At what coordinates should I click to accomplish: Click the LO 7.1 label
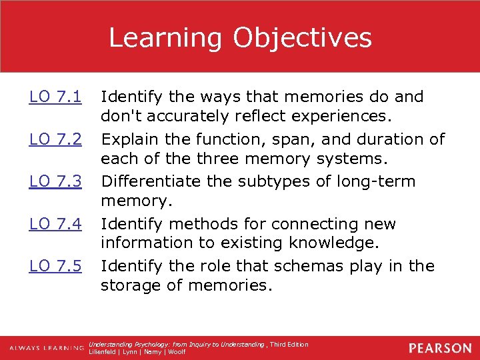click(x=55, y=97)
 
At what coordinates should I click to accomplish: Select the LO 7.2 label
click(x=55, y=140)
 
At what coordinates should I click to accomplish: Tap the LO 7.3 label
click(x=55, y=182)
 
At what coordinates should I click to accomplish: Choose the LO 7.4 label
click(x=55, y=224)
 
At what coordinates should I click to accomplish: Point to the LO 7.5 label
click(x=55, y=266)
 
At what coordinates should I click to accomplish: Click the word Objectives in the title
click(x=302, y=38)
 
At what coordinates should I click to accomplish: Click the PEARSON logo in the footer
click(x=440, y=348)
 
